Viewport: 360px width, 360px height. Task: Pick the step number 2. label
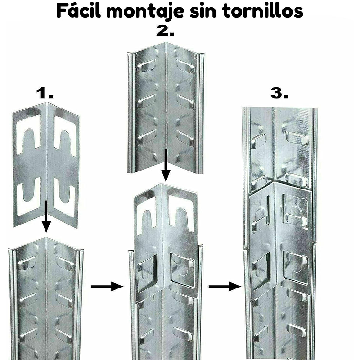165,32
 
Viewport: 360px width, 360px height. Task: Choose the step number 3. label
279,93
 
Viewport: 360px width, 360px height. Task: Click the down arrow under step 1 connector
46,216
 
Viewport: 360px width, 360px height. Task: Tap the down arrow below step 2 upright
165,166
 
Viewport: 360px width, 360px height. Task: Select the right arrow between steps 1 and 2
103,286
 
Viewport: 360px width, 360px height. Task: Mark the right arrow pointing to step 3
222,286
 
